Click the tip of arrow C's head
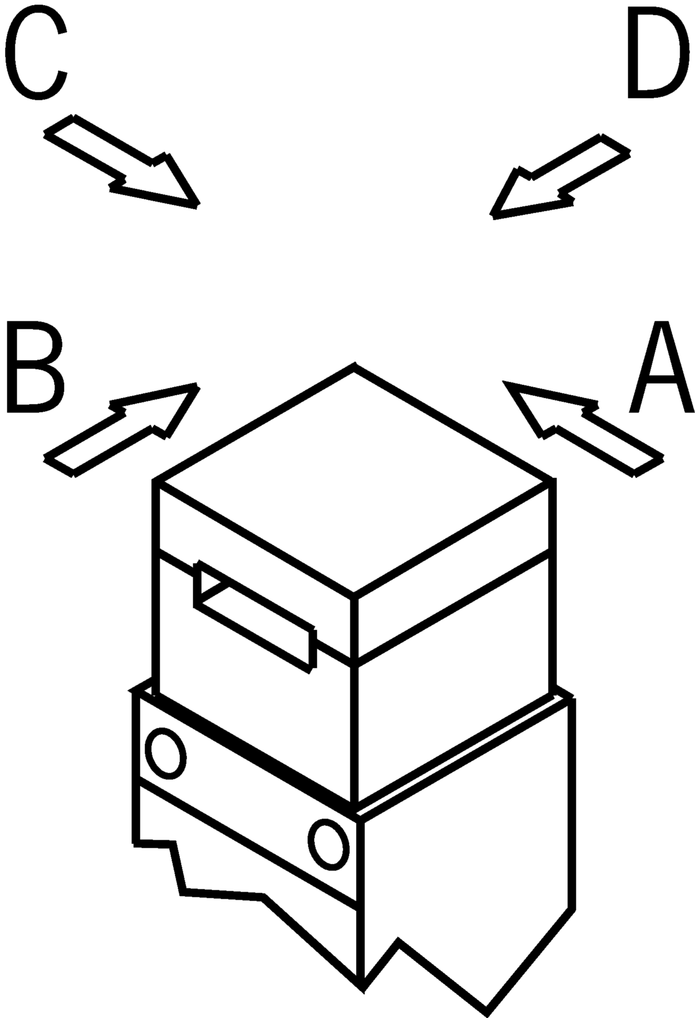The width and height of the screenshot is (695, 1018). pos(198,205)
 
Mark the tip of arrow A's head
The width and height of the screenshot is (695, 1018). pos(506,384)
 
